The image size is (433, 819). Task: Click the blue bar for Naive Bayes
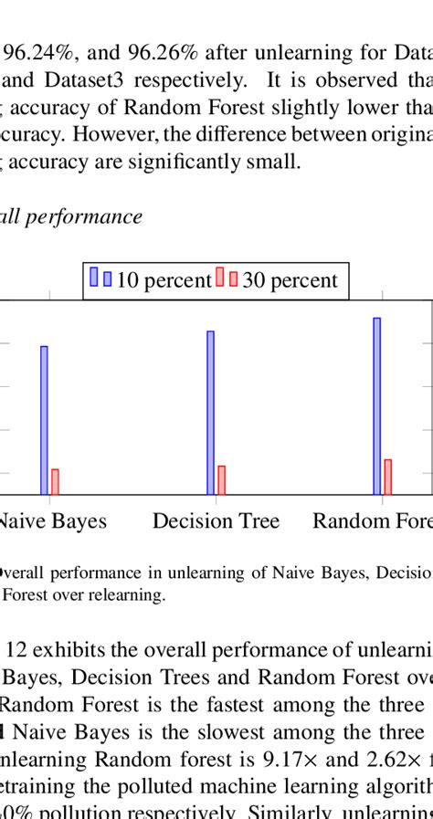pyautogui.click(x=44, y=420)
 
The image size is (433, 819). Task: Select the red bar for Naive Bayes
pyautogui.click(x=55, y=482)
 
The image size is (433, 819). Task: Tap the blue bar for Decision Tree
pyautogui.click(x=210, y=413)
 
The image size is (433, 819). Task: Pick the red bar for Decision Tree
pyautogui.click(x=221, y=480)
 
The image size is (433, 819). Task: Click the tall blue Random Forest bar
pyautogui.click(x=376, y=406)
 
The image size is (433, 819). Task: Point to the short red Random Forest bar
pyautogui.click(x=387, y=477)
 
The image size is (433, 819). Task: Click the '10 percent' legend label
pyautogui.click(x=164, y=280)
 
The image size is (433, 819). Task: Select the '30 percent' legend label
pyautogui.click(x=290, y=280)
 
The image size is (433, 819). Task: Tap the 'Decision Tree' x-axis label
pyautogui.click(x=216, y=521)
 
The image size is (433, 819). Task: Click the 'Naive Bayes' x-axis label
pyautogui.click(x=51, y=521)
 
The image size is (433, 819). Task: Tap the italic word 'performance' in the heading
pyautogui.click(x=88, y=216)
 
